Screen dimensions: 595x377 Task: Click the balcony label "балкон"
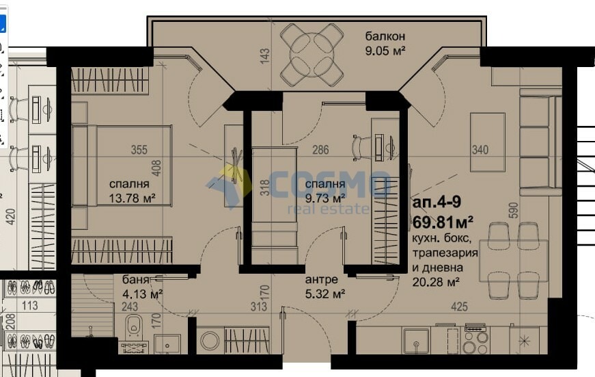click(385, 36)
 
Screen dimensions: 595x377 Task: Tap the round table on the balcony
click(312, 55)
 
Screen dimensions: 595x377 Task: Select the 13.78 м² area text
click(132, 198)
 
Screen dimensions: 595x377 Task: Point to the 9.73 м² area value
click(324, 198)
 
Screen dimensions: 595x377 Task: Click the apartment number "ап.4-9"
click(437, 202)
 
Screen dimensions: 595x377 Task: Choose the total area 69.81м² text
click(443, 222)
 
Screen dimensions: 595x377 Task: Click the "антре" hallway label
click(321, 280)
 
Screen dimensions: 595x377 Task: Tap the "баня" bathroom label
click(135, 280)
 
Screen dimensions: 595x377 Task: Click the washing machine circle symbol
click(210, 341)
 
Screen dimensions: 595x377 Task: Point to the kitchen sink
click(416, 341)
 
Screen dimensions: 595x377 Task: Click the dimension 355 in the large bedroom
click(139, 150)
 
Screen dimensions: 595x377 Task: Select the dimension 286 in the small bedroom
click(320, 150)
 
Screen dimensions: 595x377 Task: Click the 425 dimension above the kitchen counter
click(459, 307)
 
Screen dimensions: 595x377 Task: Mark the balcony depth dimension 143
click(265, 55)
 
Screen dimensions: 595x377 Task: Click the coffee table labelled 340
click(488, 142)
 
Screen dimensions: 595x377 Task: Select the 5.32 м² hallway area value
click(324, 294)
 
